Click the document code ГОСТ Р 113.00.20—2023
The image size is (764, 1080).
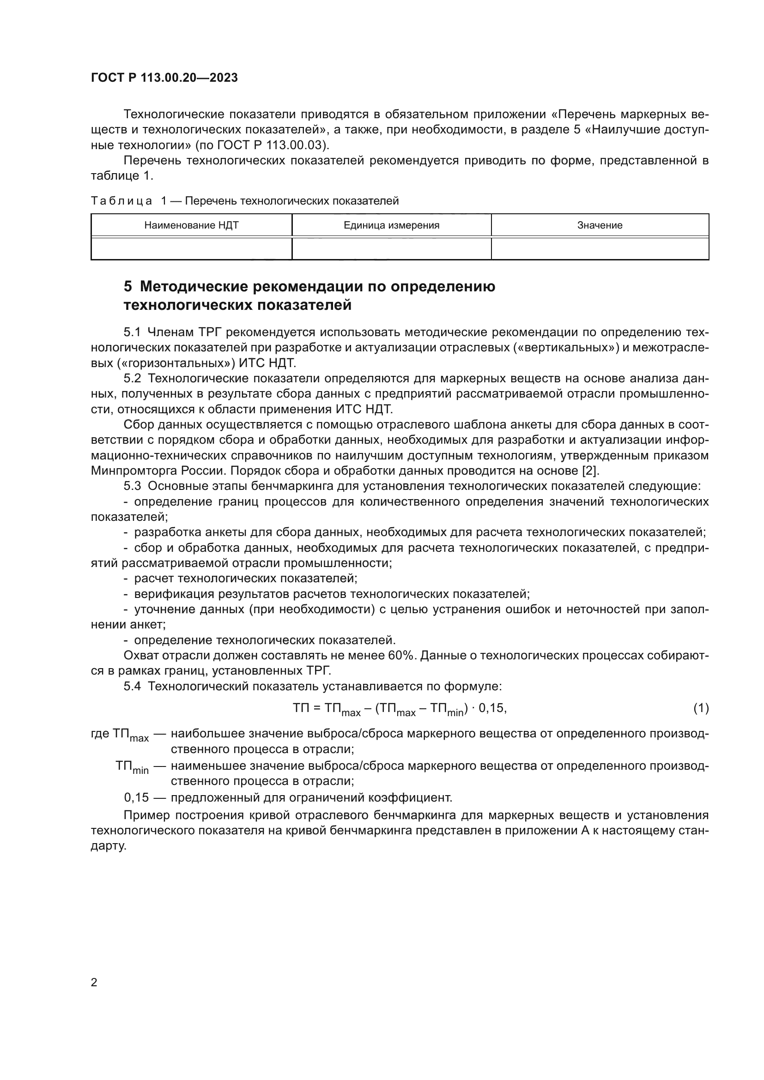pyautogui.click(x=164, y=78)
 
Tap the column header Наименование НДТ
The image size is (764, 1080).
pyautogui.click(x=191, y=225)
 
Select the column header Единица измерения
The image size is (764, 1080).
pyautogui.click(x=391, y=225)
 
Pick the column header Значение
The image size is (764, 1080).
pyautogui.click(x=600, y=225)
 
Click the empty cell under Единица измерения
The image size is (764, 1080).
pyautogui.click(x=391, y=248)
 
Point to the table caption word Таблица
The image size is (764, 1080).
pyautogui.click(x=121, y=201)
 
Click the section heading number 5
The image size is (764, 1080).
pyautogui.click(x=127, y=286)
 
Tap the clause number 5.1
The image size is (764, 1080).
pyautogui.click(x=132, y=332)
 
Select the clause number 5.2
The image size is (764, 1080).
pyautogui.click(x=132, y=379)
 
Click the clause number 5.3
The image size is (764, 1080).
pyautogui.click(x=132, y=486)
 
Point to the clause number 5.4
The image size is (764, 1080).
pyautogui.click(x=132, y=686)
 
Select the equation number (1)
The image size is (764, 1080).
pyautogui.click(x=701, y=708)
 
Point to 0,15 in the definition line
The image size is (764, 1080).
pyautogui.click(x=136, y=798)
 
